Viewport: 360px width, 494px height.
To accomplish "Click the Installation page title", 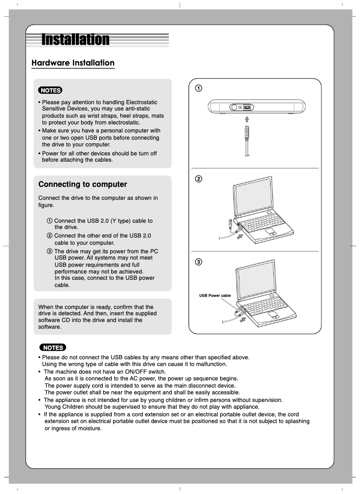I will (x=75, y=40).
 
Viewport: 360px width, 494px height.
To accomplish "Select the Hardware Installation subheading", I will (x=73, y=63).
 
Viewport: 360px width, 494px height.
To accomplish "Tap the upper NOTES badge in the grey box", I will (x=50, y=90).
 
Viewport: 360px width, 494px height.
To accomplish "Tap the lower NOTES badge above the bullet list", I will (x=53, y=348).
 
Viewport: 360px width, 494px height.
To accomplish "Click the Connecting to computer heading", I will (x=83, y=185).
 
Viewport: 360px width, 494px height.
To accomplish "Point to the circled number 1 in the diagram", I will (x=198, y=88).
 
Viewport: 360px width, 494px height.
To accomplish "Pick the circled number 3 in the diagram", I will (x=198, y=262).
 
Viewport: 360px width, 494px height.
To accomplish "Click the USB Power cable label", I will (x=215, y=296).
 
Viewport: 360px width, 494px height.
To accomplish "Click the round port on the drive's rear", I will (x=234, y=108).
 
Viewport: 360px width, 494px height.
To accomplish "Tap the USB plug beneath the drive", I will (x=246, y=133).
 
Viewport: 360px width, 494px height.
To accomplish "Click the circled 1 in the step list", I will (x=49, y=221).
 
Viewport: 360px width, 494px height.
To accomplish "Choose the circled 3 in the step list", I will (x=49, y=251).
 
